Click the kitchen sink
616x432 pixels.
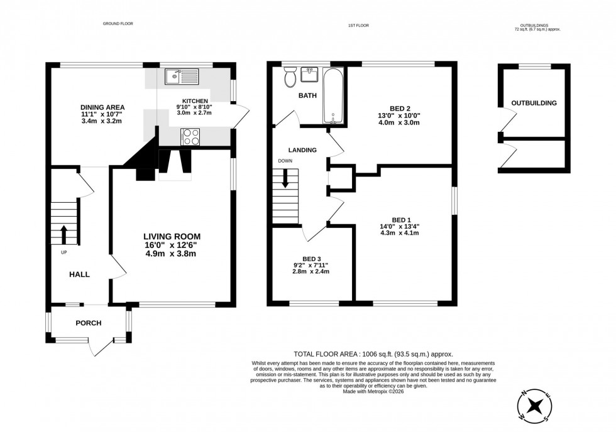click(x=181, y=77)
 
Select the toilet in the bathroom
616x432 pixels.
click(x=290, y=78)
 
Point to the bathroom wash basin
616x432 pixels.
click(x=310, y=75)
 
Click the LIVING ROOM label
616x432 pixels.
click(x=172, y=236)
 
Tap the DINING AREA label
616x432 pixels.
click(x=102, y=107)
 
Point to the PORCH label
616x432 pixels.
click(x=88, y=323)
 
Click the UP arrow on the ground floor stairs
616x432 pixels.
click(x=63, y=234)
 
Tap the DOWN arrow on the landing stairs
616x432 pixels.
click(x=285, y=180)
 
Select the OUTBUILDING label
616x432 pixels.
click(x=534, y=103)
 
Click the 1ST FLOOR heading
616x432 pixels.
click(x=358, y=24)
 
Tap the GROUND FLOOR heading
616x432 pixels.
click(x=118, y=24)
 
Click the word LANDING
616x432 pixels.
click(x=302, y=150)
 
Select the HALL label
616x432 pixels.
click(x=79, y=274)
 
